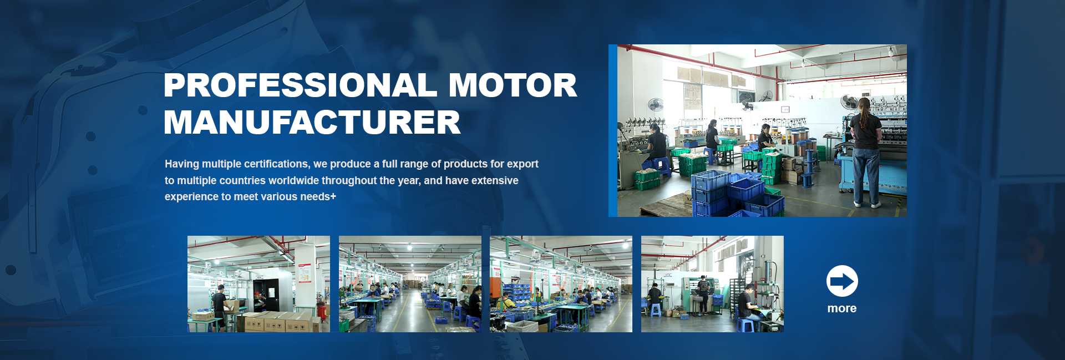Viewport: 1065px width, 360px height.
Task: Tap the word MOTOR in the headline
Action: tap(513, 85)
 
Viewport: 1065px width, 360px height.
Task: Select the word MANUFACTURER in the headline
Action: tap(312, 123)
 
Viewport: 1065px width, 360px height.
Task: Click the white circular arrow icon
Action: tap(842, 281)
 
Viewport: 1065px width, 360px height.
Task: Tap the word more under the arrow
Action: tap(842, 308)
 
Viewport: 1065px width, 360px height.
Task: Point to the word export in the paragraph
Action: tap(523, 164)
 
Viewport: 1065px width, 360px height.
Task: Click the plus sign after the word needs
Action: tap(333, 196)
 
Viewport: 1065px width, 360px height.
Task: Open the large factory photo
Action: tap(762, 130)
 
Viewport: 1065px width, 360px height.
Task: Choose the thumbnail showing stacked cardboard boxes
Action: tap(258, 284)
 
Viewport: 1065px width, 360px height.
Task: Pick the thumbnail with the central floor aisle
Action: tap(410, 284)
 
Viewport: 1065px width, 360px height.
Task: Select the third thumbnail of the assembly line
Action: tap(561, 284)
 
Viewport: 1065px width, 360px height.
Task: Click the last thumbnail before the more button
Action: tap(712, 284)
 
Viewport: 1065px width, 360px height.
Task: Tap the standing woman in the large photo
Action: tap(866, 153)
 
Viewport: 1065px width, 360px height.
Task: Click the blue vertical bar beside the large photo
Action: tap(613, 130)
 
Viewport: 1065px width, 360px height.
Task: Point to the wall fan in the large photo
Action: tap(656, 105)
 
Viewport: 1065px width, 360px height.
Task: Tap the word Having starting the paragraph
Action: tap(182, 164)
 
